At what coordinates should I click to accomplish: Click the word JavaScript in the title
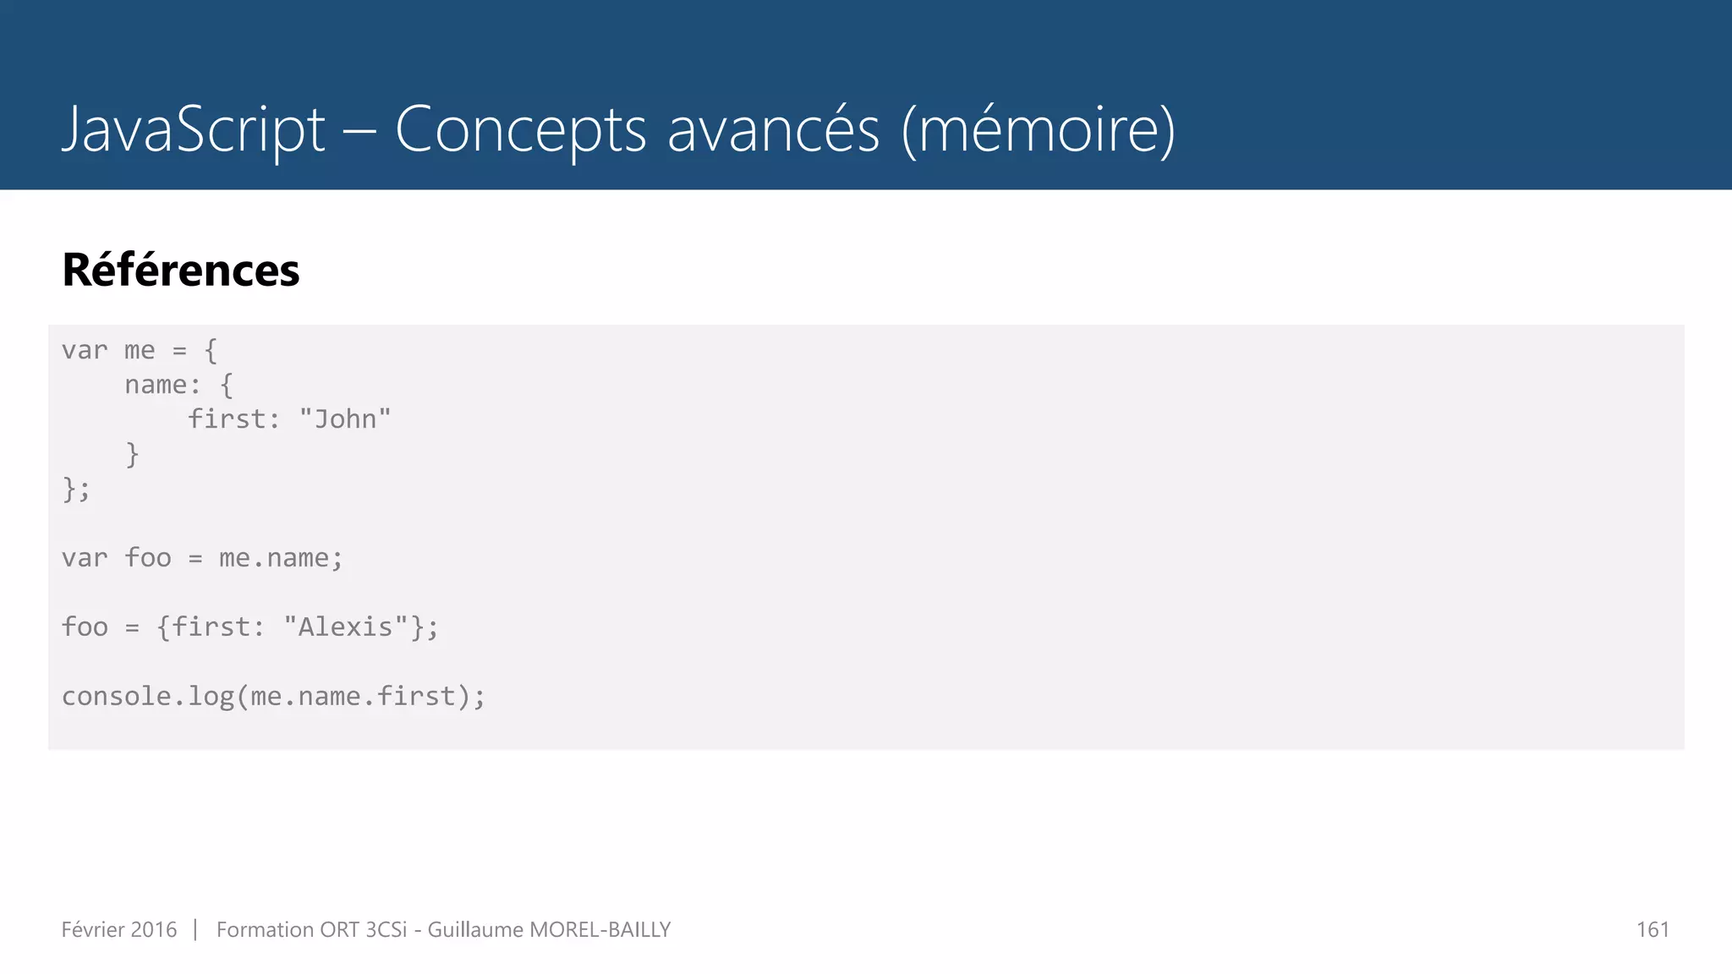pos(194,129)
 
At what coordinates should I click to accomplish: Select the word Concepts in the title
pos(521,129)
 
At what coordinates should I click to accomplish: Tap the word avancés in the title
pos(773,129)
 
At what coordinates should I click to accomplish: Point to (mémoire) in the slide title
pos(1038,129)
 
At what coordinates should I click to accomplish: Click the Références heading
pos(181,270)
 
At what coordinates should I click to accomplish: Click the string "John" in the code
pos(345,419)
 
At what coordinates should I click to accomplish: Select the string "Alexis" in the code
pos(346,627)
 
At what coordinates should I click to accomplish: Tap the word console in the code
pos(117,697)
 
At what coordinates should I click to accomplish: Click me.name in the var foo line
pos(273,558)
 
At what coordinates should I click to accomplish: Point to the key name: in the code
pos(162,385)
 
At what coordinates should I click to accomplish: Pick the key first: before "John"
pos(233,419)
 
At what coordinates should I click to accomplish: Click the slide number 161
pos(1653,930)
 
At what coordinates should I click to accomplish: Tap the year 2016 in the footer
pos(154,930)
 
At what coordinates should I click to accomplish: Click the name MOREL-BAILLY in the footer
pos(600,930)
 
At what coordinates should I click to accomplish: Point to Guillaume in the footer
pos(475,930)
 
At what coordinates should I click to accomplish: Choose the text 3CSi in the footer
pos(386,930)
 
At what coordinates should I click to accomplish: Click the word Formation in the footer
pos(265,930)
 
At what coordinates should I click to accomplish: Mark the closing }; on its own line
pos(76,489)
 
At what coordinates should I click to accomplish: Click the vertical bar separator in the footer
pos(195,930)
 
